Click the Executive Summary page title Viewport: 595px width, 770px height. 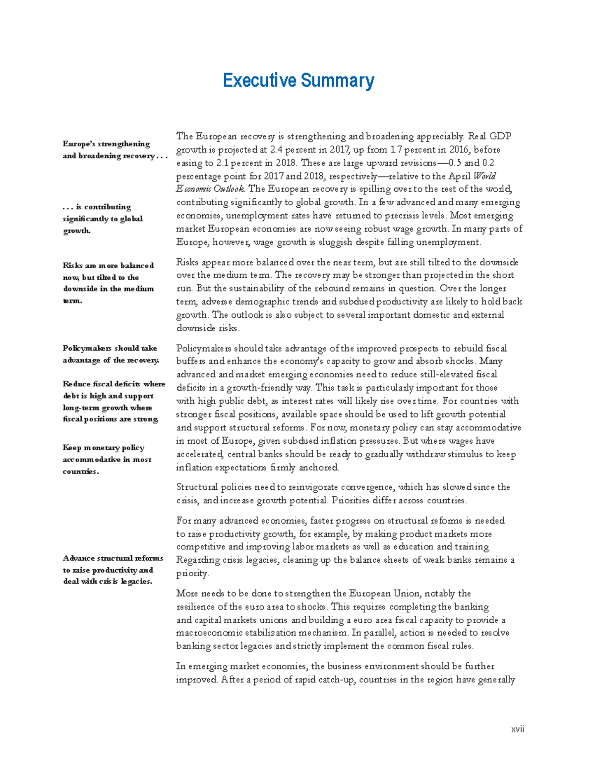(298, 80)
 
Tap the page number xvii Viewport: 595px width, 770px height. (518, 729)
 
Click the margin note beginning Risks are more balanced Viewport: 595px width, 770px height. (109, 283)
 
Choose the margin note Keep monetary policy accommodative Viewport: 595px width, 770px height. (107, 460)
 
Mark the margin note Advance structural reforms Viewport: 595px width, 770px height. (113, 570)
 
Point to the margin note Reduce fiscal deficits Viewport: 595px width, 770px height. (114, 402)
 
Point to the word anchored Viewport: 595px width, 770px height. (319, 468)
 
